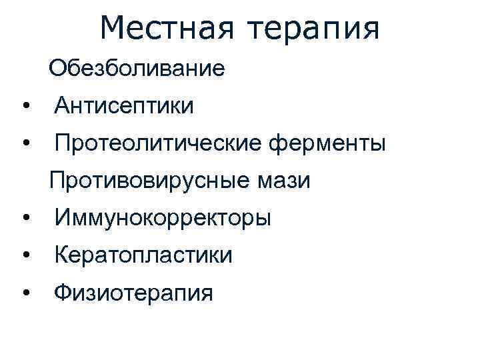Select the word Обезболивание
point(137,67)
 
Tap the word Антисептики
point(125,105)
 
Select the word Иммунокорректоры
point(163,218)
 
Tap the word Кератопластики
point(144,255)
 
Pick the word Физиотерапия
point(134,293)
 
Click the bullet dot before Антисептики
point(25,106)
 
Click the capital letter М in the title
point(114,27)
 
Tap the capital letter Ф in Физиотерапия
point(63,293)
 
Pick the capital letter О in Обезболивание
point(57,67)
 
